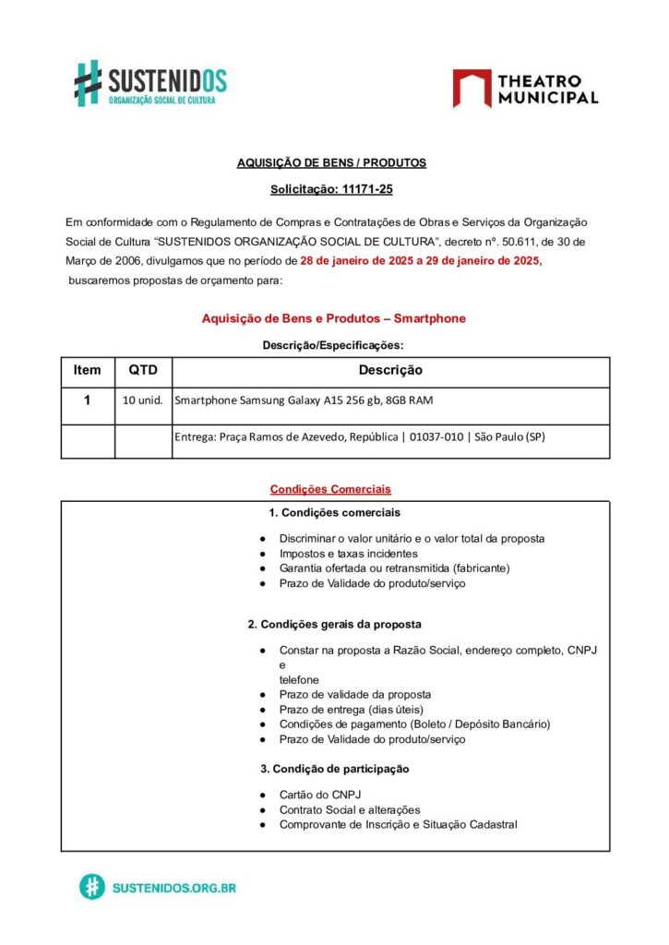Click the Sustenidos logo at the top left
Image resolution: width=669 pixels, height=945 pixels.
tap(150, 83)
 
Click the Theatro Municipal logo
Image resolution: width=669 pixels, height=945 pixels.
tap(525, 89)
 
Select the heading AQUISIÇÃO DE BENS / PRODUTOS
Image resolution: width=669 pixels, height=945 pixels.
tap(331, 162)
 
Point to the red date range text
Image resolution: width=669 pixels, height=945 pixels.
tap(422, 261)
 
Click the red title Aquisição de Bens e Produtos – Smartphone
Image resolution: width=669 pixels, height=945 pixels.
tap(334, 318)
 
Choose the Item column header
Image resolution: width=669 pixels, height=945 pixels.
tap(88, 370)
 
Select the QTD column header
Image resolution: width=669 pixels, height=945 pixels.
tap(143, 370)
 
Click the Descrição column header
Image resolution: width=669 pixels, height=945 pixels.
tap(390, 370)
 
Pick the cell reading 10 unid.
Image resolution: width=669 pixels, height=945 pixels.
tap(143, 401)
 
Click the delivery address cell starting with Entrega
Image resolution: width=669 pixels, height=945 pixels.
tap(360, 437)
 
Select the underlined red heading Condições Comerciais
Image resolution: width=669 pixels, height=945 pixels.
tap(330, 488)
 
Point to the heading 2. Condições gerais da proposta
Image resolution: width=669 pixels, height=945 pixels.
tap(334, 624)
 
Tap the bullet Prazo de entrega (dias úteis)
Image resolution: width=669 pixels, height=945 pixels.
tap(351, 710)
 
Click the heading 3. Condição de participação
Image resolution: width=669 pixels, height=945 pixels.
tap(334, 769)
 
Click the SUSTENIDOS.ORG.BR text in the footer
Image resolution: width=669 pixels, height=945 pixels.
tap(174, 888)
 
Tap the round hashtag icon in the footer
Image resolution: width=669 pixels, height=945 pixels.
tap(91, 887)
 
